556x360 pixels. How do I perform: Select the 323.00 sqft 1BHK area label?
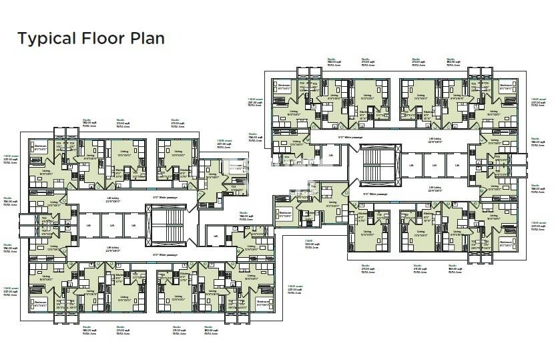click(x=311, y=244)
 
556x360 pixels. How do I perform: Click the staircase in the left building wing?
click(x=166, y=226)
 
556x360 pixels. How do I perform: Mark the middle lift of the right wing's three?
click(x=435, y=165)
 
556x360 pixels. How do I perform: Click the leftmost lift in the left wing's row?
click(x=89, y=226)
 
